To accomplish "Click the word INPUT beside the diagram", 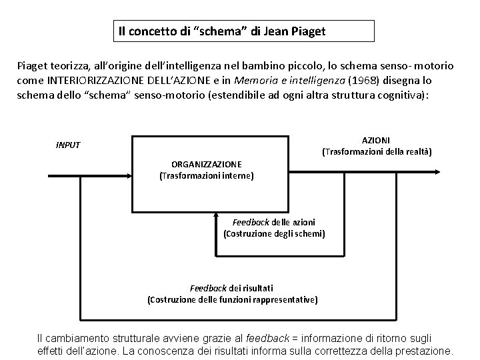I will (x=67, y=145).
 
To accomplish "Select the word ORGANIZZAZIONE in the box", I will (x=206, y=164).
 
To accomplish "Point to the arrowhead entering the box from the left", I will (x=131, y=177).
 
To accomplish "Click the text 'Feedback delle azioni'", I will (x=274, y=221).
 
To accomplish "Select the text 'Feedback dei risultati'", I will (x=232, y=288).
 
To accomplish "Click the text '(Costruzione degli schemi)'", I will (x=274, y=233).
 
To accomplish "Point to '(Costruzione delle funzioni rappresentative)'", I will (x=232, y=300).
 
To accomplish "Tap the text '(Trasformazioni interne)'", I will (x=206, y=176).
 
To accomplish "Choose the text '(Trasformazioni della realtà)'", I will (x=377, y=152).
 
